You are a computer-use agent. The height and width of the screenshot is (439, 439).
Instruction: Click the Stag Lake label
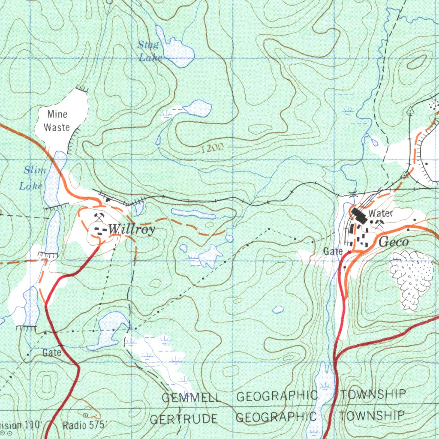pos(149,50)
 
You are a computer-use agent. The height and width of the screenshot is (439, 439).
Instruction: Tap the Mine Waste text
pos(57,120)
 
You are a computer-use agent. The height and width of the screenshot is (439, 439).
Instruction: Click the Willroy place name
pos(131,229)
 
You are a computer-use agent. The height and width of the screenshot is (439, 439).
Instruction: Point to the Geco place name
pos(394,242)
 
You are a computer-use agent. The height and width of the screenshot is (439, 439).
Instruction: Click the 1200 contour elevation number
pos(212,148)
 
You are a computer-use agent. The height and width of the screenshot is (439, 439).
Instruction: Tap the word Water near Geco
pos(380,213)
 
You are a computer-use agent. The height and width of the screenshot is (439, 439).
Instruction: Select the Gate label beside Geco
pos(333,251)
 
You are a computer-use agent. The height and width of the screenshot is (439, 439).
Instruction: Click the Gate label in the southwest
pos(52,353)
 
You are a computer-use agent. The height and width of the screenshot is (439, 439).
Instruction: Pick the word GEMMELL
pos(191,397)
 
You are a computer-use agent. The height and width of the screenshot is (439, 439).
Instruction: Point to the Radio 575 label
pos(84,425)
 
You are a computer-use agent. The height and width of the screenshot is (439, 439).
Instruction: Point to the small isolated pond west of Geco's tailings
pos(278,309)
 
